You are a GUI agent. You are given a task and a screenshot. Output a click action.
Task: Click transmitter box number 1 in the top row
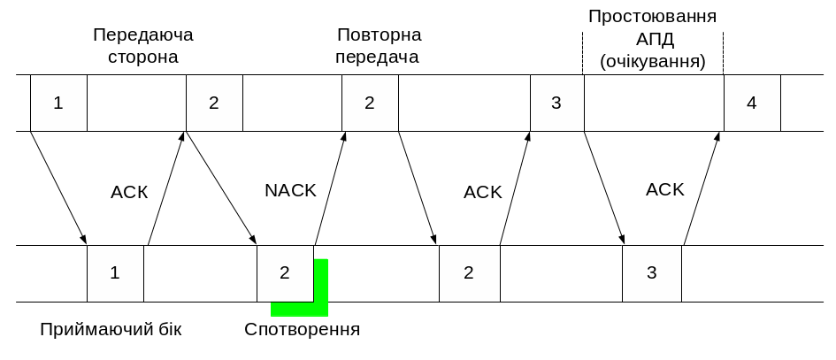(58, 103)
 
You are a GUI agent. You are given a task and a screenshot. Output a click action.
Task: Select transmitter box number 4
(752, 103)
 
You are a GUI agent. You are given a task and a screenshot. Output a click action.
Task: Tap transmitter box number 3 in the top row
(556, 103)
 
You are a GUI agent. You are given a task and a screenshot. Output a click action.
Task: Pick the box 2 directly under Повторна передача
(370, 103)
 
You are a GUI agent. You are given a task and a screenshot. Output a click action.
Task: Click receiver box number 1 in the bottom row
(115, 273)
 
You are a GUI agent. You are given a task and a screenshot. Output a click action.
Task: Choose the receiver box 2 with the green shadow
(285, 273)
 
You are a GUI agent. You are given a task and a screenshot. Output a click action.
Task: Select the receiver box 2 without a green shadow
(469, 273)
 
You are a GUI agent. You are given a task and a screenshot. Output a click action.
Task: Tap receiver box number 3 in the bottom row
(652, 273)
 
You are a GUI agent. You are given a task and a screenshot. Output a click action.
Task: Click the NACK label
(290, 191)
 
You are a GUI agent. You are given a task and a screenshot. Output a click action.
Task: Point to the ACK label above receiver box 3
(665, 189)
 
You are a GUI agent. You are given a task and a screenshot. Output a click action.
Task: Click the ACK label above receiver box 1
(130, 191)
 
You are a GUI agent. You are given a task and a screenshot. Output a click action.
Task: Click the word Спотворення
(303, 330)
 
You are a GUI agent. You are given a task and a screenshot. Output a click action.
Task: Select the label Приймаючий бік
(111, 330)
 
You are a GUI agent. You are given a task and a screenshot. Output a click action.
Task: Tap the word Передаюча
(143, 35)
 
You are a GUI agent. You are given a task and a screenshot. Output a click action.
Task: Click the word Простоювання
(653, 17)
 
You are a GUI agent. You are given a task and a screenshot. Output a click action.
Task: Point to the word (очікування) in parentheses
(653, 63)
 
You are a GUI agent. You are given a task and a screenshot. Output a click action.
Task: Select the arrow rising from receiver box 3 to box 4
(703, 188)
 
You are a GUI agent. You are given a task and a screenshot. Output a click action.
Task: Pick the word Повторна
(379, 35)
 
